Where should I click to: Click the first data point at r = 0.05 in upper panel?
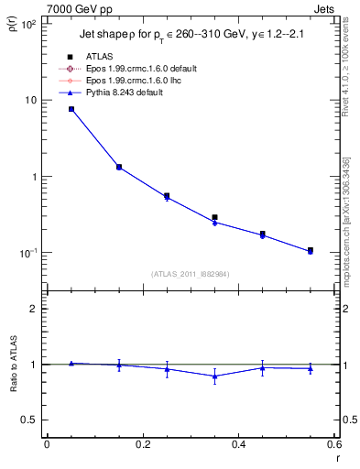click(71, 109)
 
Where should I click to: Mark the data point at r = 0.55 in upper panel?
click(311, 250)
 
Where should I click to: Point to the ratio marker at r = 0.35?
click(214, 376)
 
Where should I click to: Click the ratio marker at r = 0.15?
click(118, 365)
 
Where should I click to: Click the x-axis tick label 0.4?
click(238, 444)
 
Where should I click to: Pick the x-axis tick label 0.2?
click(142, 444)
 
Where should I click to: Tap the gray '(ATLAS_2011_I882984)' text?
click(190, 274)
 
